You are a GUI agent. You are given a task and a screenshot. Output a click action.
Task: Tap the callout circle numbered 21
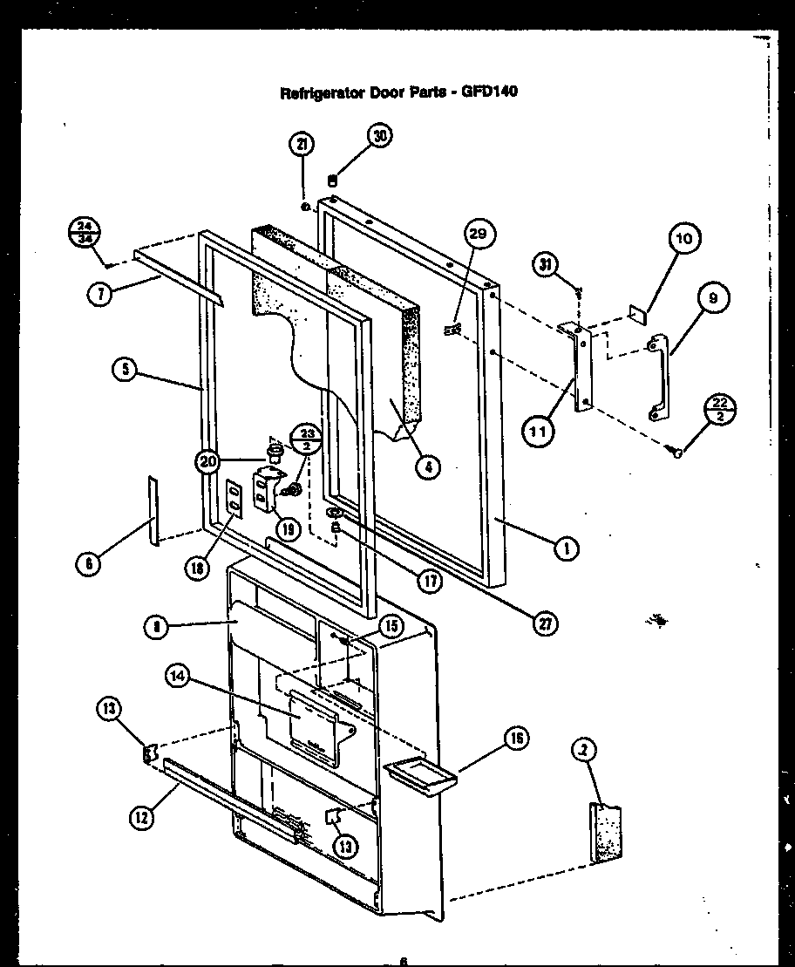click(x=302, y=146)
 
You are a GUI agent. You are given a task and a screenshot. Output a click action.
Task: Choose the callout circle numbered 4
click(x=427, y=466)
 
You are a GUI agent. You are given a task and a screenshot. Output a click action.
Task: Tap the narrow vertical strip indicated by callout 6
click(x=153, y=510)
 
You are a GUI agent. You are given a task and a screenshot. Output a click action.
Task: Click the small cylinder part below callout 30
click(x=332, y=180)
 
